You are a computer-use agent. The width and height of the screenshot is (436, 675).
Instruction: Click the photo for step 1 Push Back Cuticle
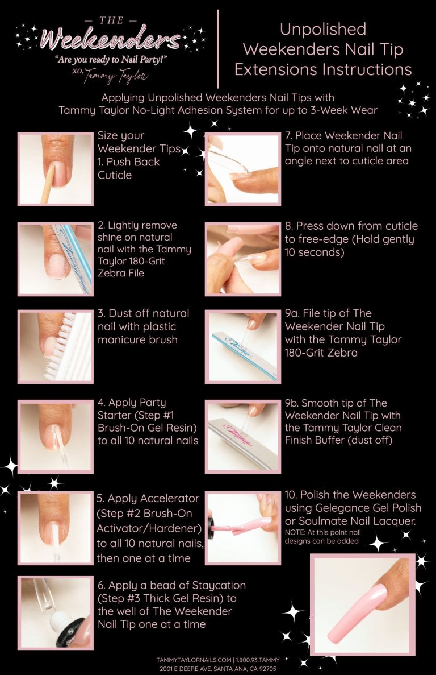pos(55,169)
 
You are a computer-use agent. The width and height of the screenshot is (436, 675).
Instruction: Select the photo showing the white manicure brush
pos(55,346)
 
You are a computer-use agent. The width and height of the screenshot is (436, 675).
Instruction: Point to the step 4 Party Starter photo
pos(55,436)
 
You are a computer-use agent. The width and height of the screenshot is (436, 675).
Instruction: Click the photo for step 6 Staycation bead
pos(55,613)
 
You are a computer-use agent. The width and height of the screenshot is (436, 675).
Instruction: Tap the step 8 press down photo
pos(243,259)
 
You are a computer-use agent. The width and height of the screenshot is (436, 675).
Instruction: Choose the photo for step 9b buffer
pos(243,436)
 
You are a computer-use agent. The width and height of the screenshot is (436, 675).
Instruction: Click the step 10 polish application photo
pos(243,528)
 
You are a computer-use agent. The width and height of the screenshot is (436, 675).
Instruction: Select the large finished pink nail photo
pos(363,605)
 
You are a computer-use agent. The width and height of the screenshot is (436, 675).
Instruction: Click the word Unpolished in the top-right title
pos(323,29)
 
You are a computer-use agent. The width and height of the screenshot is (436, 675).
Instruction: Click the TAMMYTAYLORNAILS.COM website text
pos(194,660)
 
